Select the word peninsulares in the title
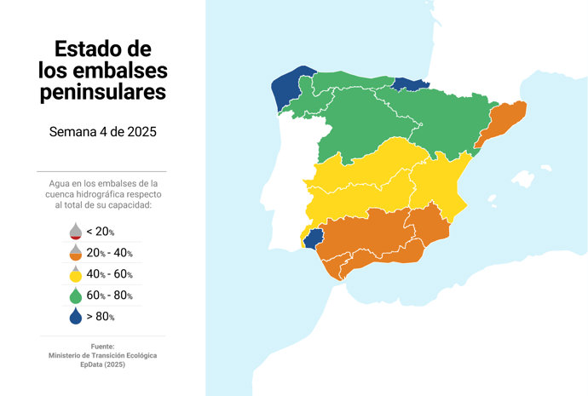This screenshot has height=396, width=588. tap(102, 91)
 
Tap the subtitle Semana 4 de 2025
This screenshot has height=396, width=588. tap(102, 132)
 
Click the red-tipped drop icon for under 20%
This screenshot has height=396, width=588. tap(76, 232)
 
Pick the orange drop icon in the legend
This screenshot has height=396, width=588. tap(76, 253)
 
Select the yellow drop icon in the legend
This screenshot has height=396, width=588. tap(76, 274)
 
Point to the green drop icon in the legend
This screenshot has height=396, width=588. tap(76, 296)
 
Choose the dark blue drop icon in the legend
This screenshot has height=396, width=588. tap(76, 317)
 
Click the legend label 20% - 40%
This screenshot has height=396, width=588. tap(109, 253)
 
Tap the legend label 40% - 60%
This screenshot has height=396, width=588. tap(109, 274)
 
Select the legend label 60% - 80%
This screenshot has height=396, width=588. tap(109, 296)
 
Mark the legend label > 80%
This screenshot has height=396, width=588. tap(101, 317)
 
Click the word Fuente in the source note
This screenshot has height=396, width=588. tap(102, 346)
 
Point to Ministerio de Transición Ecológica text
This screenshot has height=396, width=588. tap(102, 355)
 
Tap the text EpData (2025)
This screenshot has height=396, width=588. tap(102, 364)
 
